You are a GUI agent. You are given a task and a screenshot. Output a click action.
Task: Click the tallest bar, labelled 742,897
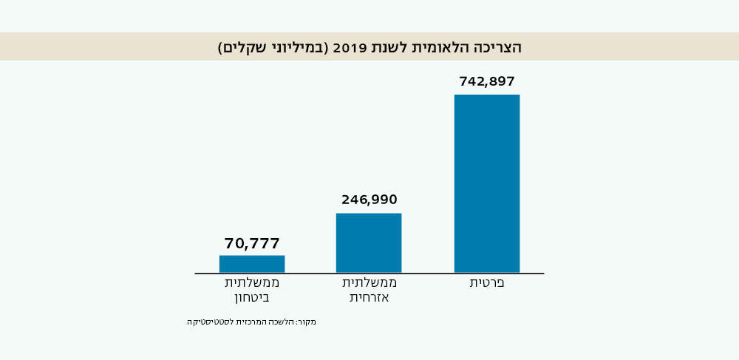487,183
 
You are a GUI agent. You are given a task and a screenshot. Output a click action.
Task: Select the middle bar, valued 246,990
369,242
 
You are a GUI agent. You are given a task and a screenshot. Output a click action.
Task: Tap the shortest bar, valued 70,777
252,264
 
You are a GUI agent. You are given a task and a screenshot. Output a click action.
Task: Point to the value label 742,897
487,81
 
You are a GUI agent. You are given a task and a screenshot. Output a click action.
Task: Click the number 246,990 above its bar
369,200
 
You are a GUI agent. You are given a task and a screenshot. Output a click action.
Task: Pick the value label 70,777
252,244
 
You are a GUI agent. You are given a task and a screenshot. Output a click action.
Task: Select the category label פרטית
487,283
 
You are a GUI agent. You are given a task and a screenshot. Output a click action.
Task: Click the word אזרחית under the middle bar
369,298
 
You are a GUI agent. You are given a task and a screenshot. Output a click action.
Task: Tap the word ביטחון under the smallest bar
252,298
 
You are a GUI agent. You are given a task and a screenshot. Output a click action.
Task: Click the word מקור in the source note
307,322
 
